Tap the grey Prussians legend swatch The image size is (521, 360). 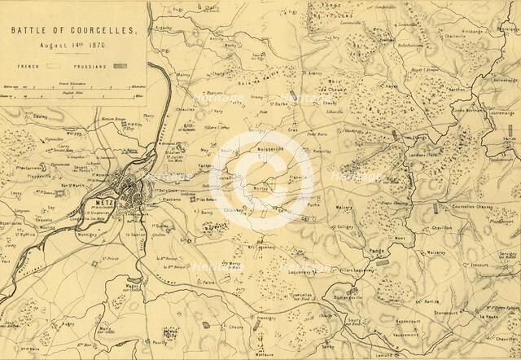pos(120,65)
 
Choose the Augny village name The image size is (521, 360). pos(68,323)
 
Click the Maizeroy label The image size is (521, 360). pos(344,207)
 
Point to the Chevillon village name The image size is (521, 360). pos(442,229)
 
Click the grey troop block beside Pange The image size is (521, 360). pos(382,262)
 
